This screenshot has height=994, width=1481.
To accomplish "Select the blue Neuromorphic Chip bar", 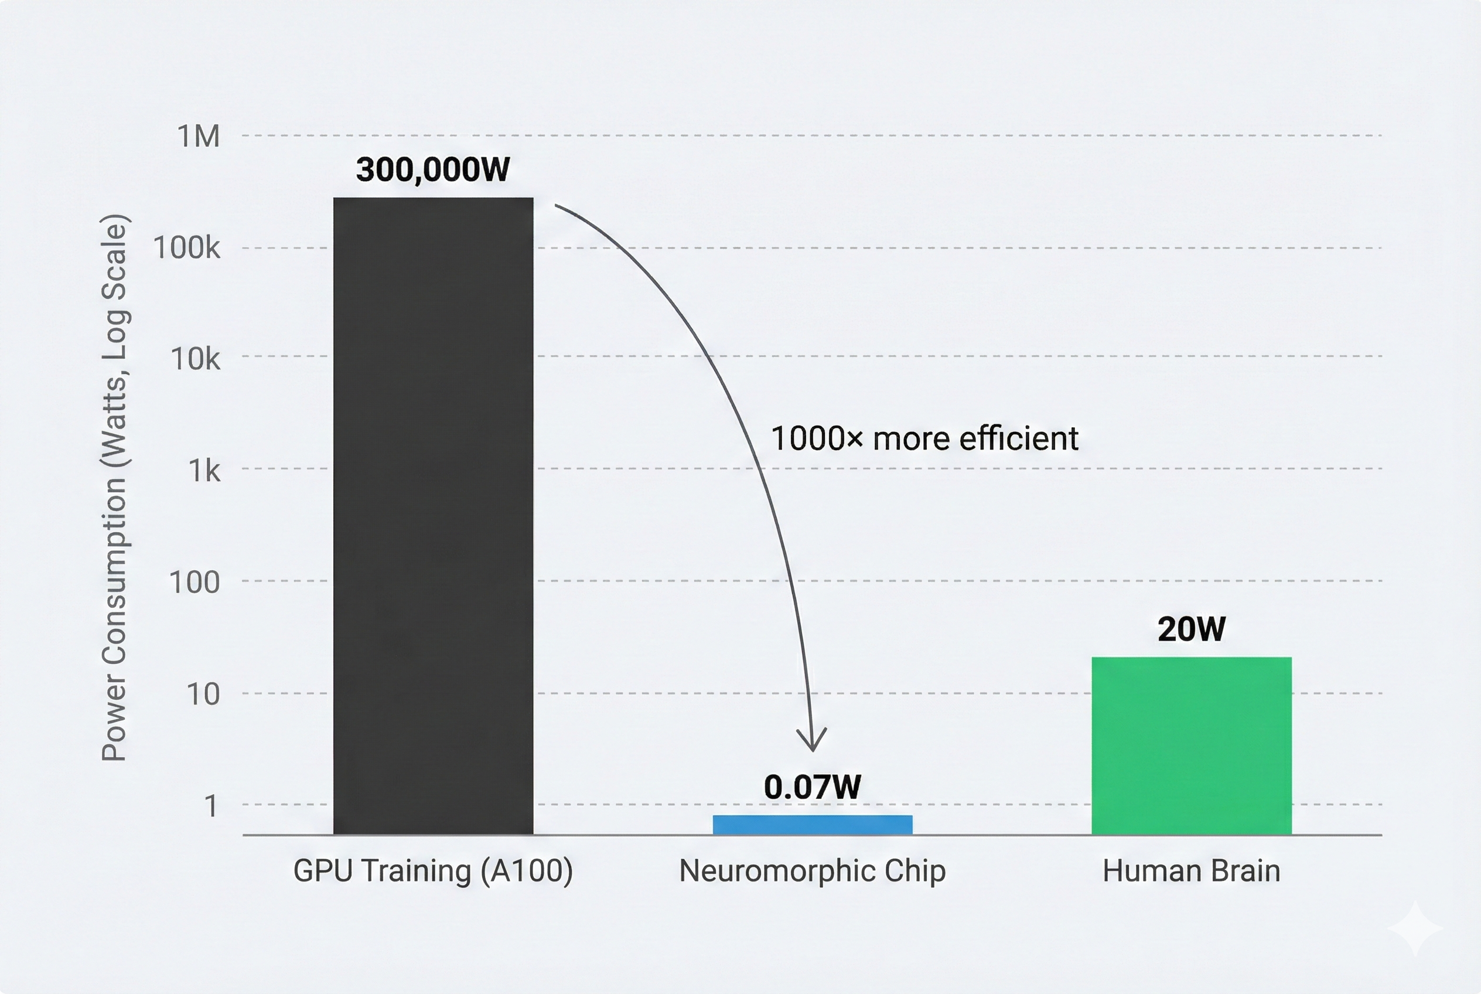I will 812,825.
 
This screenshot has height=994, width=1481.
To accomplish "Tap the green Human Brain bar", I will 1191,746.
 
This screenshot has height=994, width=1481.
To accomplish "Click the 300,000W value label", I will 433,170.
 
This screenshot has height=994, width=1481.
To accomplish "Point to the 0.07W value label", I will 812,787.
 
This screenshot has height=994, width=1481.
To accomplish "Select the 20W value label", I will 1191,629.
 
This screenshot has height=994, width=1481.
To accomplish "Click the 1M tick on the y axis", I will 199,137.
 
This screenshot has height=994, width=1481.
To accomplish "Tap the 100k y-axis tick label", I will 187,248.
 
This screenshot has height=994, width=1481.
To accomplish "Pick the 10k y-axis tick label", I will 195,359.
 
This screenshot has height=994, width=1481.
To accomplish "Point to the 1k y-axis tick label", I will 204,471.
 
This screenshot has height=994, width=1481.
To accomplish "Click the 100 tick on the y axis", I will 194,582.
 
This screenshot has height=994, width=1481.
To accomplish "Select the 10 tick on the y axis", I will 203,694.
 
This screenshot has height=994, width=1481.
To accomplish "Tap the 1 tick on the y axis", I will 211,806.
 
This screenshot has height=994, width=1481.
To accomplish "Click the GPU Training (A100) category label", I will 433,870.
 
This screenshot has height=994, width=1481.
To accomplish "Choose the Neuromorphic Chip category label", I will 812,870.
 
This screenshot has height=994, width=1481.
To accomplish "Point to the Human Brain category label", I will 1191,870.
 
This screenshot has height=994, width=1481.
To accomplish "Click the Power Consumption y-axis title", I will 115,488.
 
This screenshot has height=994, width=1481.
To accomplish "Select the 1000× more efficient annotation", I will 924,438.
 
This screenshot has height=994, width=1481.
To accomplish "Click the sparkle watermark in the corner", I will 1415,930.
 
